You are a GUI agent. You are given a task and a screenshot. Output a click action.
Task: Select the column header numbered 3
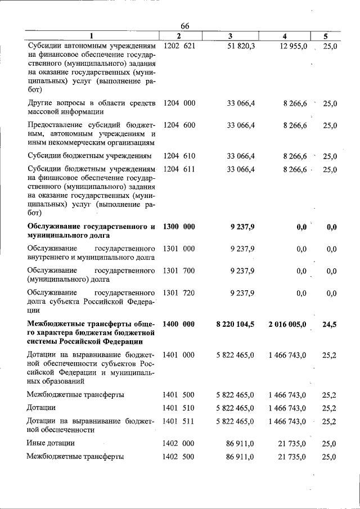tap(231, 37)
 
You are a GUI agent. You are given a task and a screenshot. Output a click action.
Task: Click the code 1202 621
tap(179, 46)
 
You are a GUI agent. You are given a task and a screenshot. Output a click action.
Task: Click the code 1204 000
tap(179, 103)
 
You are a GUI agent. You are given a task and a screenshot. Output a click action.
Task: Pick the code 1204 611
tap(179, 169)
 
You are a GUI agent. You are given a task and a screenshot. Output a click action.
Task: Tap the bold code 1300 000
tap(179, 227)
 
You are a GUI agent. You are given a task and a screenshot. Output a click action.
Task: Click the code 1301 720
tap(179, 293)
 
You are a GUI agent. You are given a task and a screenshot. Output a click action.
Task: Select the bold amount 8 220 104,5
tap(235, 324)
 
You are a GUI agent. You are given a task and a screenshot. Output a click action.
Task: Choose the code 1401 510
tap(179, 407)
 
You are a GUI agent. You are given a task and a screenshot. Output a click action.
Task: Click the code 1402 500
tap(179, 456)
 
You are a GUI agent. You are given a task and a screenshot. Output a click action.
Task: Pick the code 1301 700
tap(179, 271)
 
